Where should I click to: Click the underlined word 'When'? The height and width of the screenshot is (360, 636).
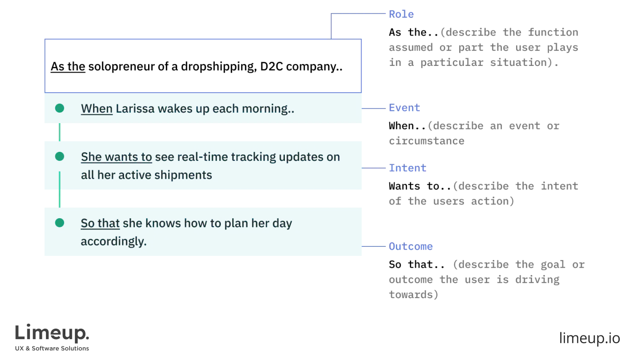(x=97, y=109)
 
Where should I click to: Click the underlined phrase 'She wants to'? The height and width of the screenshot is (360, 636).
(x=116, y=157)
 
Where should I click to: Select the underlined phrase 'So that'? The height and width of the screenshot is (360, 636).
(x=100, y=224)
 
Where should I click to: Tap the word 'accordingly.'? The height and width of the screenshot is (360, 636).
(x=114, y=241)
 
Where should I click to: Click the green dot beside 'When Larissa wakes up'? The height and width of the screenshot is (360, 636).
(x=60, y=109)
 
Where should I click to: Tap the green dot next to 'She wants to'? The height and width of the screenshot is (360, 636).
(x=60, y=157)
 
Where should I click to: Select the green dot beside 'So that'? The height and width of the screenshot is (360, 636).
(x=60, y=223)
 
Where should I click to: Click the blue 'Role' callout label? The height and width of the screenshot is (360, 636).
(x=401, y=14)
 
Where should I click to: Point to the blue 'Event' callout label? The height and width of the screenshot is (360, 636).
(x=404, y=108)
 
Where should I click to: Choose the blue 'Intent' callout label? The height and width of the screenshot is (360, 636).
(x=407, y=168)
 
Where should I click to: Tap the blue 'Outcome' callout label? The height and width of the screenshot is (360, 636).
(x=412, y=246)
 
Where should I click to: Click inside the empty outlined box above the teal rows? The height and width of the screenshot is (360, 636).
(x=203, y=65)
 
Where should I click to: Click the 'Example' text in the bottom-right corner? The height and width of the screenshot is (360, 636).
(x=590, y=339)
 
